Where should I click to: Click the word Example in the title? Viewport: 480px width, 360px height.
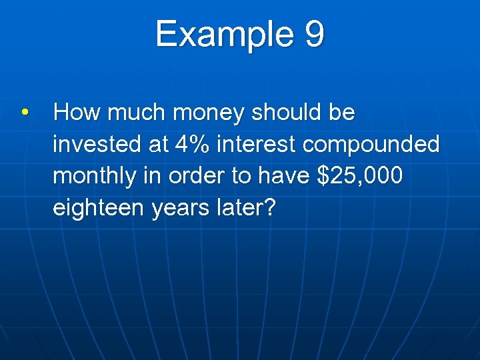(223, 34)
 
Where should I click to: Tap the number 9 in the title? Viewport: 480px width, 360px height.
(315, 34)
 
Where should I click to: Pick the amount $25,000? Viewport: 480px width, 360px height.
(361, 176)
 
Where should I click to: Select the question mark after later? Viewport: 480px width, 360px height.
(268, 208)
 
